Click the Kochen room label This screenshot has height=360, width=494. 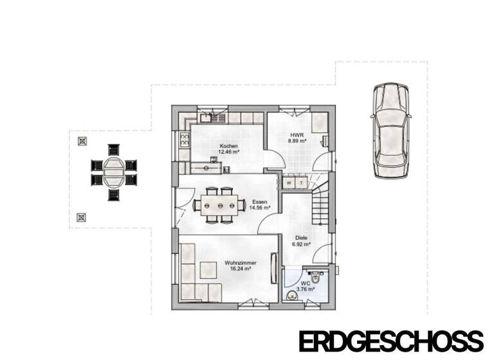pyautogui.click(x=229, y=146)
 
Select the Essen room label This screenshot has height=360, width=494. pyautogui.click(x=259, y=201)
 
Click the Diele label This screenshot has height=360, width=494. pyautogui.click(x=298, y=237)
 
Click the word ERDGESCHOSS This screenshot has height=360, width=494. pyautogui.click(x=390, y=341)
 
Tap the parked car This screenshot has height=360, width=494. pyautogui.click(x=390, y=131)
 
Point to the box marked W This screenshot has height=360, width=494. pyautogui.click(x=289, y=183)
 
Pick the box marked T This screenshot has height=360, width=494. pyautogui.click(x=300, y=183)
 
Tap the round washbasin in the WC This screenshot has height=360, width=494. pyautogui.click(x=291, y=295)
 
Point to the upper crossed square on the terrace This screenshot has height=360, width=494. pyautogui.click(x=82, y=141)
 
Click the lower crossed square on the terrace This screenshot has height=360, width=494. pyautogui.click(x=82, y=217)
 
